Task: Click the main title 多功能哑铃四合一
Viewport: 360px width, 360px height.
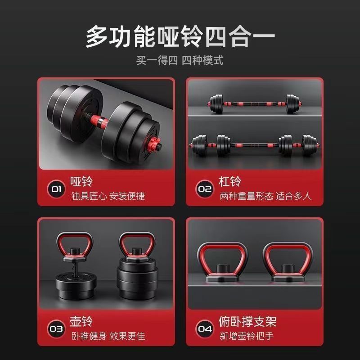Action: coord(180,36)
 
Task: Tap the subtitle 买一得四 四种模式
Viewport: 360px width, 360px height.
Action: coord(180,60)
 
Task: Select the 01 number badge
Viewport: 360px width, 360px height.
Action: coord(56,189)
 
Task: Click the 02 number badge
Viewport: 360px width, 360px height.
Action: coord(205,189)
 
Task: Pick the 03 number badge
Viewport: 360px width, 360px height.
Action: coord(56,329)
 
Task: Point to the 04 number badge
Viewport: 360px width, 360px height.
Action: coord(205,329)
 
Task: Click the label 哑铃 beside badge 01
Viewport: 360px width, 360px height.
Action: coord(81,181)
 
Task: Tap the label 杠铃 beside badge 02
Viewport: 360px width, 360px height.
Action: coord(230,181)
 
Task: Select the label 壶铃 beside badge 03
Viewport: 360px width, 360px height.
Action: coord(81,321)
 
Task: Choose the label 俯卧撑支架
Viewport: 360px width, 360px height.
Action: coord(247,321)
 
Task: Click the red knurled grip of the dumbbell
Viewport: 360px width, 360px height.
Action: coord(99,121)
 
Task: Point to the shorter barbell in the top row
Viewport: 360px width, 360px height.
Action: coord(254,104)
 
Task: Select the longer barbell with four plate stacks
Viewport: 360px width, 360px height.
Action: coord(254,145)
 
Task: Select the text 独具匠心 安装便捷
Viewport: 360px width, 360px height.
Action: coord(108,196)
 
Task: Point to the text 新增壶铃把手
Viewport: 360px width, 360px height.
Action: coord(247,336)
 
